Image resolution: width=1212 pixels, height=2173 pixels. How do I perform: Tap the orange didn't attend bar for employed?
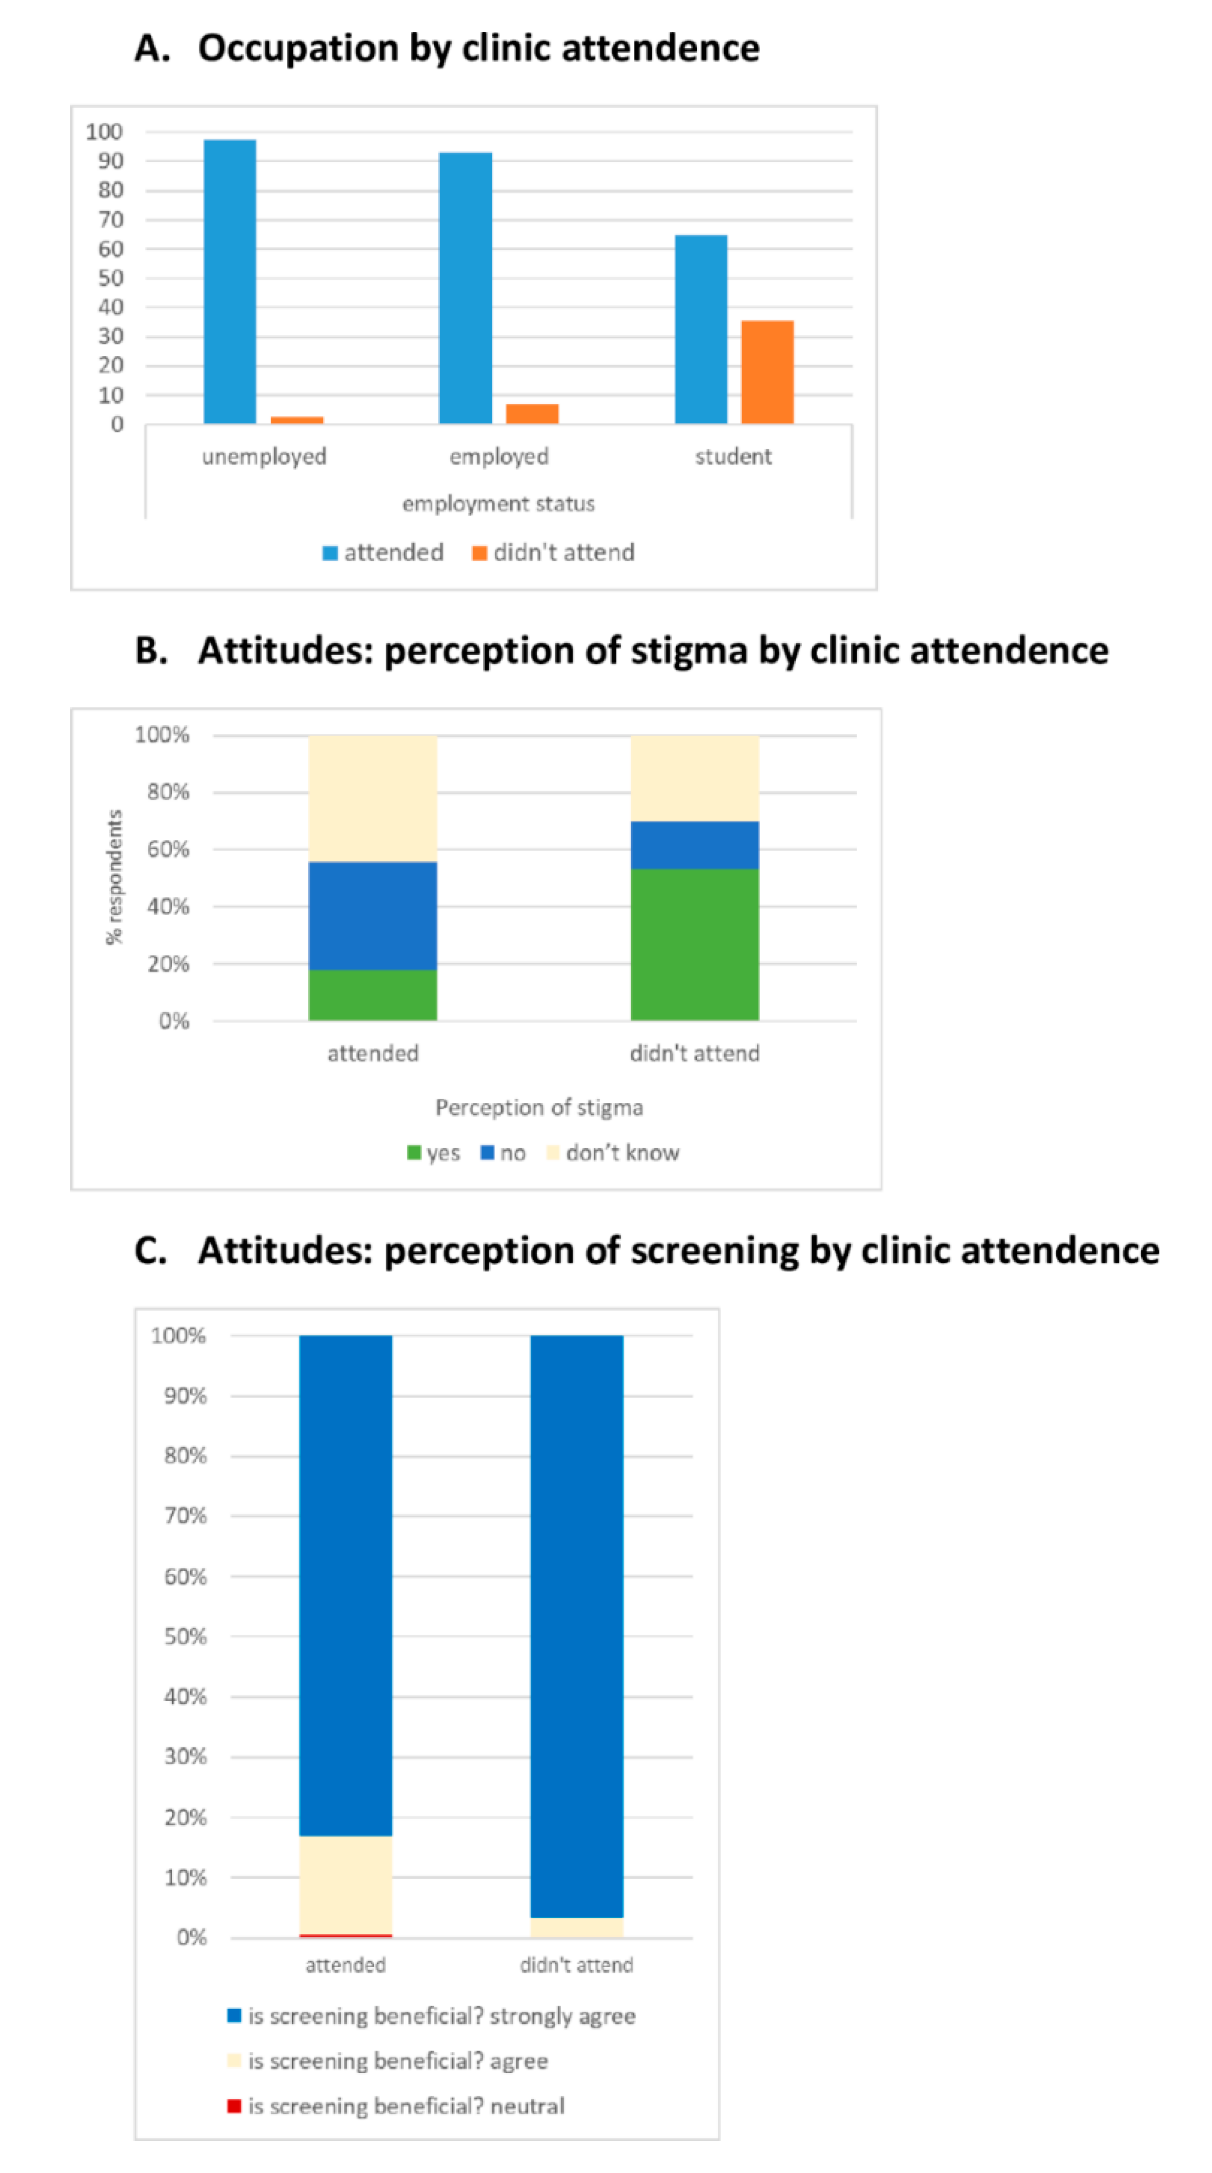click(531, 413)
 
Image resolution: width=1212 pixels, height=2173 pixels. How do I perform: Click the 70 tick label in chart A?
click(110, 219)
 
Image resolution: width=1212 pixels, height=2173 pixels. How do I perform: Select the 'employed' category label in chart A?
click(499, 456)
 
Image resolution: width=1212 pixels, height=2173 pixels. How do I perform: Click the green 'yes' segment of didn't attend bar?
click(694, 944)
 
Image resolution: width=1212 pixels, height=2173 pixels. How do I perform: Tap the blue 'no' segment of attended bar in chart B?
click(372, 915)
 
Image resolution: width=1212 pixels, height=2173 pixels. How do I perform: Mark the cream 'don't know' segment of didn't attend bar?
click(694, 777)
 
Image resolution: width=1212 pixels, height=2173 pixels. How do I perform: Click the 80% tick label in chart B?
click(168, 792)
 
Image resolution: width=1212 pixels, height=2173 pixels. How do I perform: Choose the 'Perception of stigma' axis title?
click(539, 1108)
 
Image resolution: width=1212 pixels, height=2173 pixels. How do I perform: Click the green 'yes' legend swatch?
click(414, 1152)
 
